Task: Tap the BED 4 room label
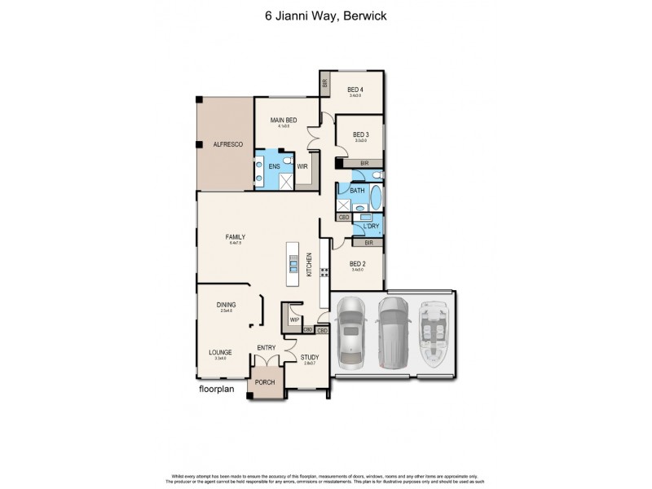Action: click(355, 89)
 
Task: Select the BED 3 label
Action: click(361, 134)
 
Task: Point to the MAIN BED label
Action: click(284, 120)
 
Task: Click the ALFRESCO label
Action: click(224, 143)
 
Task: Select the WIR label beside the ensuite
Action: click(302, 166)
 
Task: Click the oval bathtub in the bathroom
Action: click(375, 198)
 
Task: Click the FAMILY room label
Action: click(236, 237)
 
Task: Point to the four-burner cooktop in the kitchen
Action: click(324, 272)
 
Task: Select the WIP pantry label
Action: click(294, 320)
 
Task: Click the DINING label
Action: click(226, 304)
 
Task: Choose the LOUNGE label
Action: click(220, 352)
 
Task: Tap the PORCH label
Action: click(265, 382)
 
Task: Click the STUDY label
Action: click(309, 356)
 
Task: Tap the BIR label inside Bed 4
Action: click(324, 83)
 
